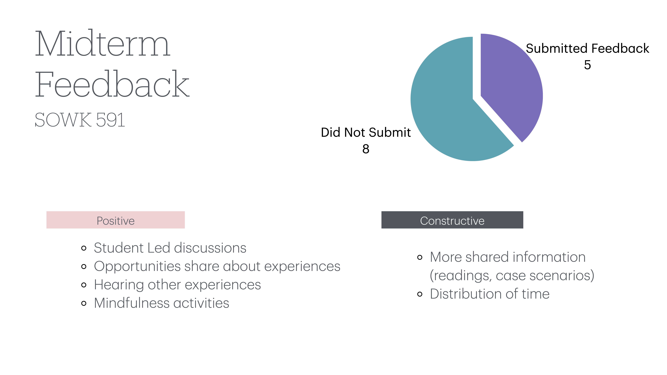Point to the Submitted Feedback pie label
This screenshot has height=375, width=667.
[587, 48]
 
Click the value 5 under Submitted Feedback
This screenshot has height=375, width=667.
[587, 65]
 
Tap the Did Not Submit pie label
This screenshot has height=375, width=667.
[366, 132]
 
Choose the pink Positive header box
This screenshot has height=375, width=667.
[115, 220]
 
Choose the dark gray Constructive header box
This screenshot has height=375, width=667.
[452, 220]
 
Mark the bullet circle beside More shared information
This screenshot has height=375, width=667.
[420, 257]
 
